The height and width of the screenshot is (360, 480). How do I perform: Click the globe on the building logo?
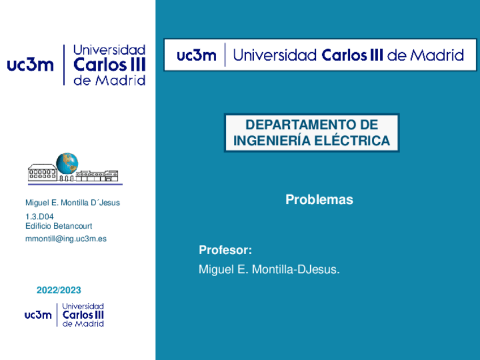(x=67, y=164)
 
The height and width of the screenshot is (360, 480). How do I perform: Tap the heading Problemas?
(x=319, y=200)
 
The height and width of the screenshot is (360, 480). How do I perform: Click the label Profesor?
(x=225, y=251)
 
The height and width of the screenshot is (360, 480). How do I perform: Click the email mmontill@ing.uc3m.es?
(x=66, y=239)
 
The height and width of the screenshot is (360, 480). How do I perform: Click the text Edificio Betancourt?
(x=59, y=226)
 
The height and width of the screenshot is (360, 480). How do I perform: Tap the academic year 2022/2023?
(x=59, y=290)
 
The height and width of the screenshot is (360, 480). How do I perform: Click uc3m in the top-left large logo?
(x=30, y=65)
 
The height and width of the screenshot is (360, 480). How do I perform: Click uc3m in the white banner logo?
(x=196, y=55)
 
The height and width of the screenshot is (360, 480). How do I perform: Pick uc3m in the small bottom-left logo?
(x=38, y=315)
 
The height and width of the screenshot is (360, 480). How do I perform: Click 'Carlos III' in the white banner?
(x=353, y=55)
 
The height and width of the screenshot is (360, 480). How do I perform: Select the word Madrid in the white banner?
(x=436, y=55)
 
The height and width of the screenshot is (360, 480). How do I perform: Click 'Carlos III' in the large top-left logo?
(x=110, y=65)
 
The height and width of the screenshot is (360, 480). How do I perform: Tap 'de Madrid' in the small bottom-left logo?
(x=83, y=324)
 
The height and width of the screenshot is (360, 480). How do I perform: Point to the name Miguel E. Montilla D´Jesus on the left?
(x=72, y=203)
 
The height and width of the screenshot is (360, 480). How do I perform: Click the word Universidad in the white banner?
(x=275, y=55)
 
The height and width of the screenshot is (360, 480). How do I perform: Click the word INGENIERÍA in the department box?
(x=269, y=140)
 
